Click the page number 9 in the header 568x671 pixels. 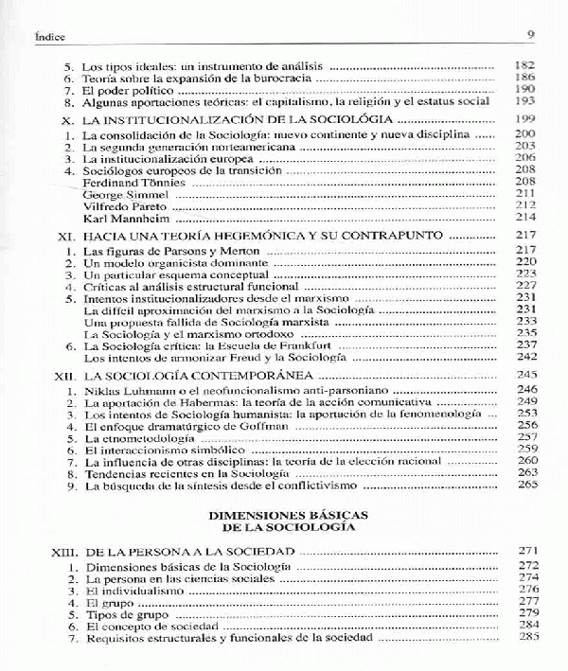(x=531, y=37)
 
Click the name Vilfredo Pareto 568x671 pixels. (x=126, y=205)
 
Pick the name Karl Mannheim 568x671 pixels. (x=125, y=218)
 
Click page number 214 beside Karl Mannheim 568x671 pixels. (x=526, y=218)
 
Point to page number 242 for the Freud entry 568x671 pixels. (x=526, y=359)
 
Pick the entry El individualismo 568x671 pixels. (x=132, y=590)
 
